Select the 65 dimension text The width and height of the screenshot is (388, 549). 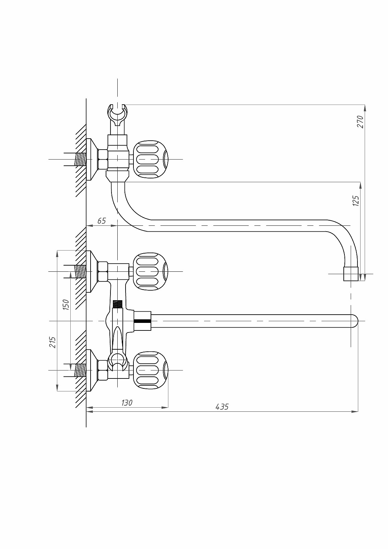tap(102, 221)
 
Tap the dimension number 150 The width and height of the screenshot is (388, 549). tap(66, 305)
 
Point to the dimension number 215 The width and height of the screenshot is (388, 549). tap(52, 342)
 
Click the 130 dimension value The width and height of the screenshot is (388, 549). tap(127, 403)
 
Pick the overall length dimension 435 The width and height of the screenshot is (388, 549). tap(222, 407)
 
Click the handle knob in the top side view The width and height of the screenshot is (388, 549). tap(151, 159)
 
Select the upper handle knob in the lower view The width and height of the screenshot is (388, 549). tap(151, 271)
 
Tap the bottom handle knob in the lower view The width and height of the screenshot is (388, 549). tap(151, 370)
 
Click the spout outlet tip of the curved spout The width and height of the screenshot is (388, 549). tap(351, 274)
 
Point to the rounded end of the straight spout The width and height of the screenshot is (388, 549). tap(355, 321)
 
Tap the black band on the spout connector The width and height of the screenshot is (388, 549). tap(142, 321)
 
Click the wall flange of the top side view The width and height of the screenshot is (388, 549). tap(92, 159)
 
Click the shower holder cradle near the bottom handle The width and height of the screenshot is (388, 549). tap(118, 362)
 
